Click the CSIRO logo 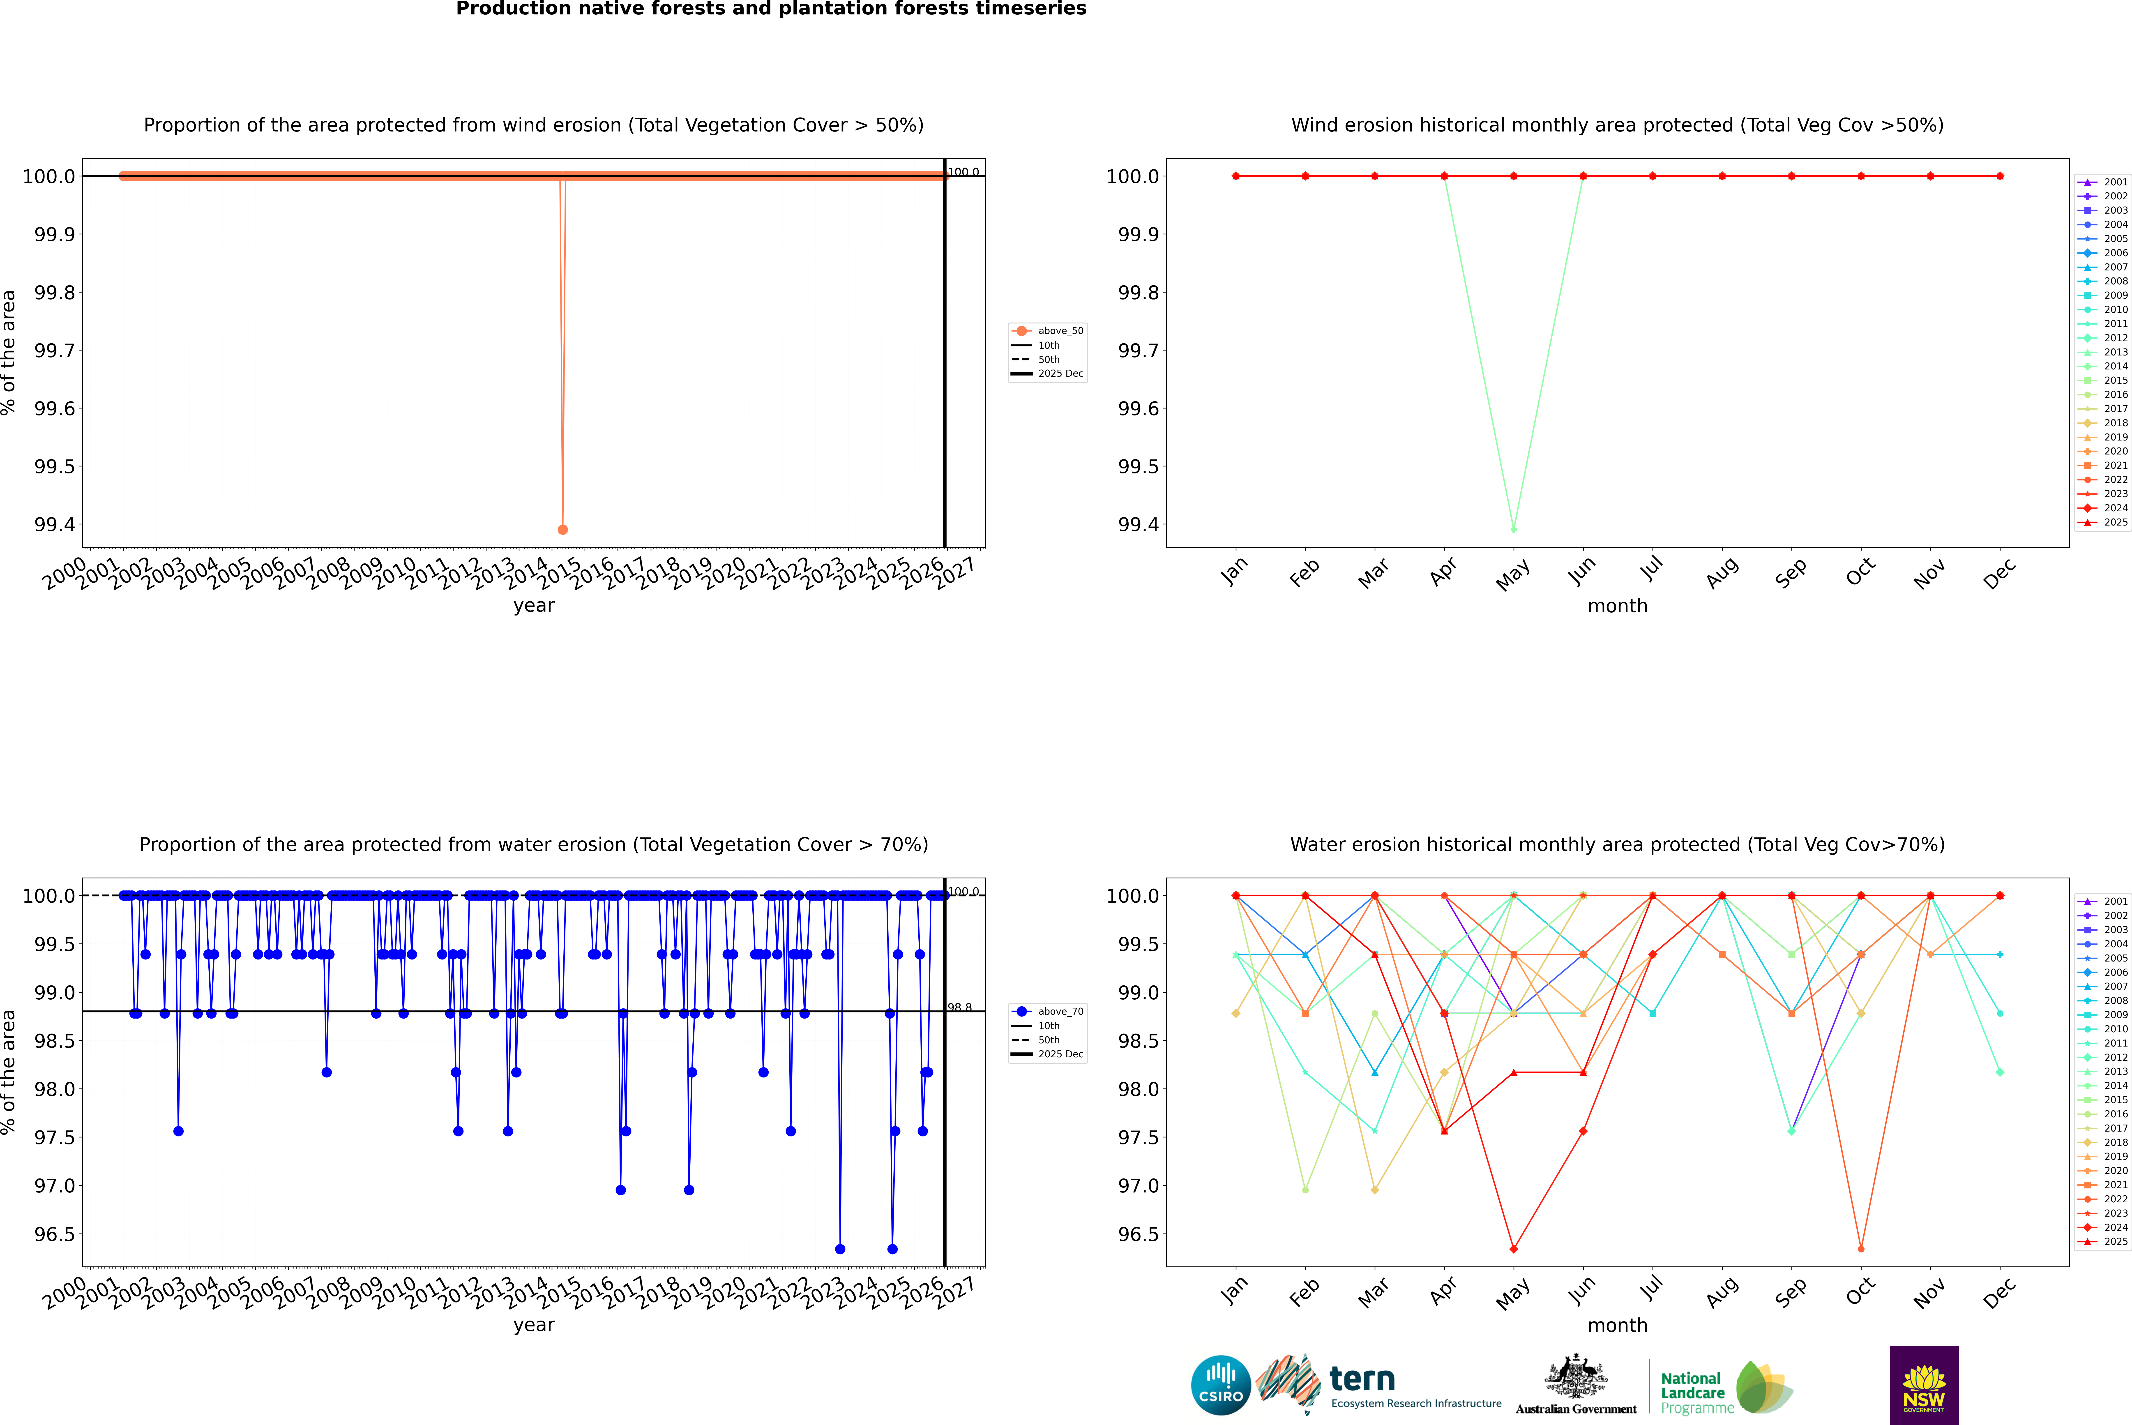click(1221, 1385)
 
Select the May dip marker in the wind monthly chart click(1513, 529)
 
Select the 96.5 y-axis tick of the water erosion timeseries click(55, 1234)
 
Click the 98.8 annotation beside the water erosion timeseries click(960, 1007)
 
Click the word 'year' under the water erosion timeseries click(533, 1325)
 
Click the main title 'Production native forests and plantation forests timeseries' click(771, 9)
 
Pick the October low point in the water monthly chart click(1860, 1249)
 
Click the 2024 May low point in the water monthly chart click(1513, 1249)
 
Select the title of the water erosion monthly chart click(1617, 844)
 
